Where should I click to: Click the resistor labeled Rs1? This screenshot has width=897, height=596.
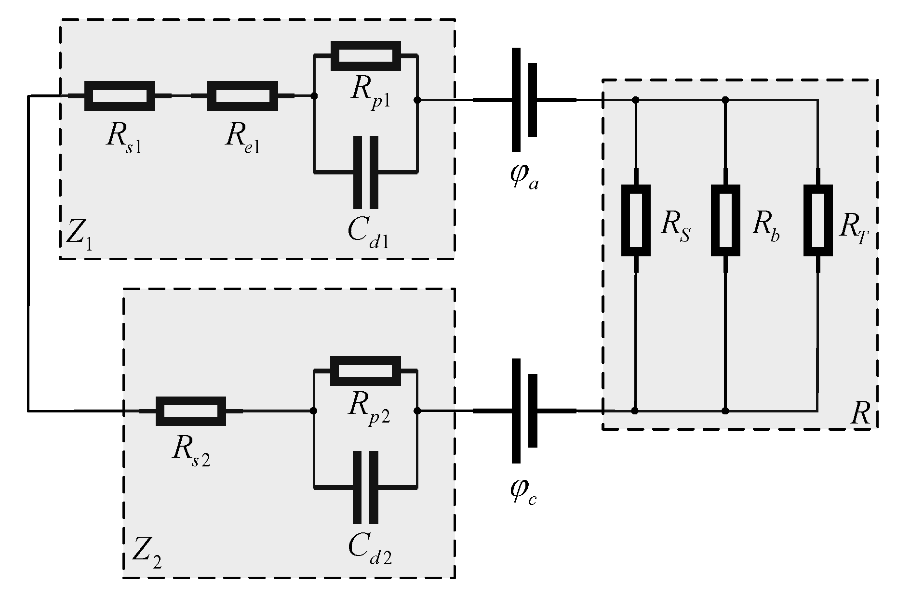point(120,96)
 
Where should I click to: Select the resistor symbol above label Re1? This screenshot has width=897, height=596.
point(242,96)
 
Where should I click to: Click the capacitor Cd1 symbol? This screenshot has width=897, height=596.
point(365,172)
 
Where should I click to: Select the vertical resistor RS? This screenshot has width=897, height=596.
point(636,220)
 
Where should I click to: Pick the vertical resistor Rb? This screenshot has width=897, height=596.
point(726,220)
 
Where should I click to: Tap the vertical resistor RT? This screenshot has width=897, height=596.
point(818,220)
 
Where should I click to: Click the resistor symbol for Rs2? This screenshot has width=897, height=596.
point(190,411)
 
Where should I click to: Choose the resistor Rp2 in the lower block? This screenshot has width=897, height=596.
point(365,371)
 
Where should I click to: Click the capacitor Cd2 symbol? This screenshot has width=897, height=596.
point(365,487)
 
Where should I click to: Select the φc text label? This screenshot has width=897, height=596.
point(522,491)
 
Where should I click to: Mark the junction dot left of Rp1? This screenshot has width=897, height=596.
point(314,96)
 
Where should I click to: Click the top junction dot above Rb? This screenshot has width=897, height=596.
point(726,100)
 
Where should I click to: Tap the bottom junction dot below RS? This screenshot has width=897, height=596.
point(635,411)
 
